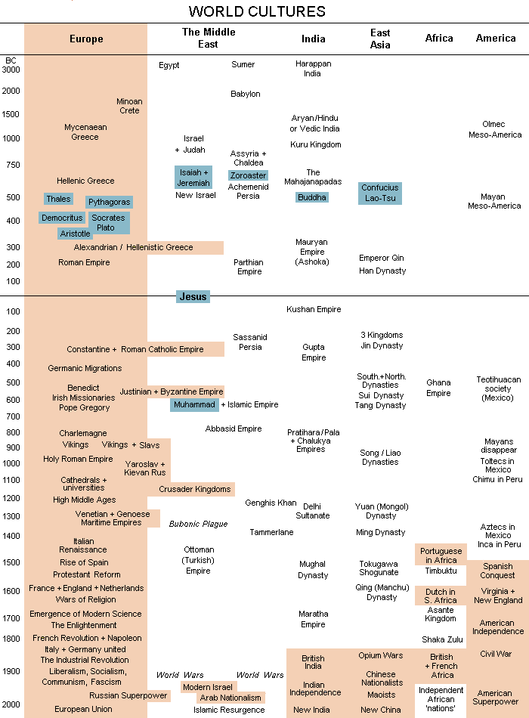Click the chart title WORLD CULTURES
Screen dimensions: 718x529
(257, 11)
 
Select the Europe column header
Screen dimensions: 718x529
(86, 39)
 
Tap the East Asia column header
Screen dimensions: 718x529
(380, 39)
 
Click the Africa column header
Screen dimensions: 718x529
(439, 39)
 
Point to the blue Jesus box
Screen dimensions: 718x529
(193, 297)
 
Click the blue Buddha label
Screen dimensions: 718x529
(312, 197)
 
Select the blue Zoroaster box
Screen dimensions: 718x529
(249, 175)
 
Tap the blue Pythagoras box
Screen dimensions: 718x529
(110, 203)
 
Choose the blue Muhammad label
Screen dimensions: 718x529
(194, 405)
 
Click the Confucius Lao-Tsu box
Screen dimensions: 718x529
(380, 193)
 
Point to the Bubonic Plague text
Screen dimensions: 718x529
(198, 524)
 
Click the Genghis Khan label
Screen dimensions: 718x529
(271, 503)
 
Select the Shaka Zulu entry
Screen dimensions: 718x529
(442, 639)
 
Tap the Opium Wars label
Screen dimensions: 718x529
(380, 656)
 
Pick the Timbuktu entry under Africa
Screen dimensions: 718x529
(440, 571)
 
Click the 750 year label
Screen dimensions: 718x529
(11, 166)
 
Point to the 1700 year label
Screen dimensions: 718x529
(11, 618)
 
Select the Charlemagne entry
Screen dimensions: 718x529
(83, 434)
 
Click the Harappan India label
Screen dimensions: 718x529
(313, 69)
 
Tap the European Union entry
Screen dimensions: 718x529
(83, 709)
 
